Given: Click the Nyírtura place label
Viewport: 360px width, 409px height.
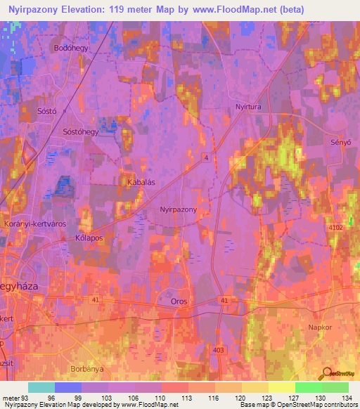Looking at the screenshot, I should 249,107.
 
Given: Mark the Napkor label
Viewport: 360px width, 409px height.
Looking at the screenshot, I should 320,327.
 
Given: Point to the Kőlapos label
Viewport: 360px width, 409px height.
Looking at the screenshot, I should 89,238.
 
